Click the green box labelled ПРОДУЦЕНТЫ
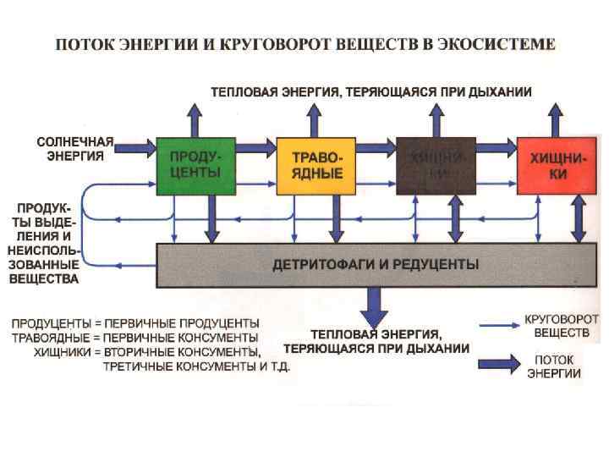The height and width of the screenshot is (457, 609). point(195,165)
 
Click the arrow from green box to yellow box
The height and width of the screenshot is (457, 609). point(256,147)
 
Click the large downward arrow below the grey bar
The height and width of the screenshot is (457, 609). point(373,306)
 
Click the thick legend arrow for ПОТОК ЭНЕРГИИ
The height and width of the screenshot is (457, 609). point(499,365)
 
